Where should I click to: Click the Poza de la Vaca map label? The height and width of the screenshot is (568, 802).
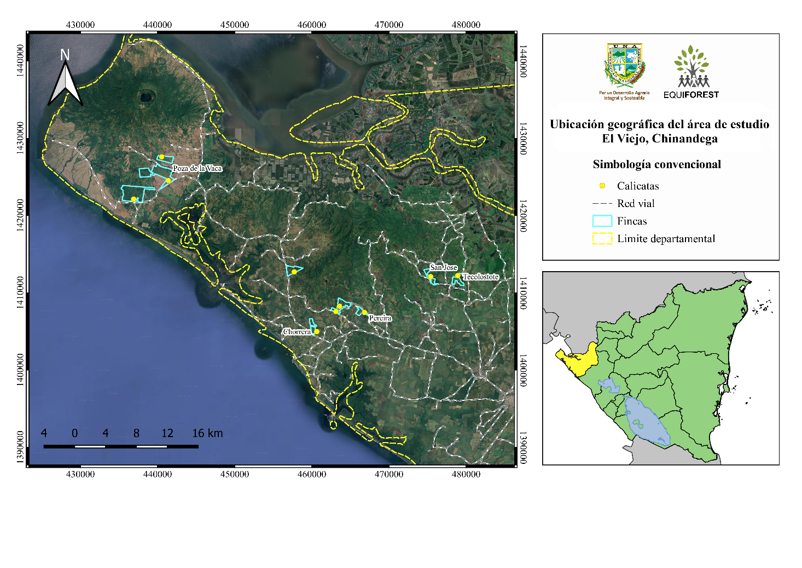(197, 168)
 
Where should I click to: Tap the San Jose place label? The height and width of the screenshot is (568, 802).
(443, 267)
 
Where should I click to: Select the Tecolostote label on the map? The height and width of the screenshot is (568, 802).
(481, 277)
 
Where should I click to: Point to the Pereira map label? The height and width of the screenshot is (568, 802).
(380, 318)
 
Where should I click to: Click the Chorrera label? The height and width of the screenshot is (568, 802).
(297, 332)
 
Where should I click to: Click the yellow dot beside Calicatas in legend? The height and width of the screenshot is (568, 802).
(602, 186)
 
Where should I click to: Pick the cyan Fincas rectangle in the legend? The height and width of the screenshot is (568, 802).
(602, 221)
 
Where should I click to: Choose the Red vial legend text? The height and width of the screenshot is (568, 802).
(636, 204)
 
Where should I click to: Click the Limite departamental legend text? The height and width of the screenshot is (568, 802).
(666, 239)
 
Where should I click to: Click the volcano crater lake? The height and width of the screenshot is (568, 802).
(146, 97)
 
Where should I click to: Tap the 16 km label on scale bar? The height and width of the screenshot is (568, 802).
(207, 433)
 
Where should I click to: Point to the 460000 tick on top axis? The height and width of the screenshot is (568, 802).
(312, 25)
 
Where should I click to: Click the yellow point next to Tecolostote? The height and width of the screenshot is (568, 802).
(458, 276)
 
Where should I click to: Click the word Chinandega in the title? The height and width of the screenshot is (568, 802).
(684, 139)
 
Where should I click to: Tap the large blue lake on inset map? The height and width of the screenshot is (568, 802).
(646, 420)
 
